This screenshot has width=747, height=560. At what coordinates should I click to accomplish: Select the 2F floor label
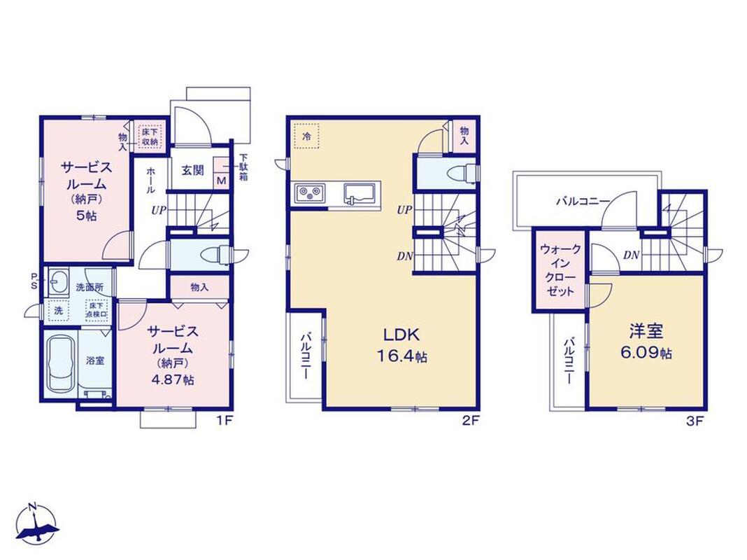point(470,421)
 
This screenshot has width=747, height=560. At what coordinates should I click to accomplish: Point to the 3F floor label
point(695,421)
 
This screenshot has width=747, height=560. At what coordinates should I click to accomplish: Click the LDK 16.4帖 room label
point(401,345)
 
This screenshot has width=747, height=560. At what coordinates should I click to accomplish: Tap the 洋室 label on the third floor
point(646,331)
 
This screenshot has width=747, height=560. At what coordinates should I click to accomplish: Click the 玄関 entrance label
point(192,170)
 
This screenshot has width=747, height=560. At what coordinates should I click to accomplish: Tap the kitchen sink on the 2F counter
point(360,192)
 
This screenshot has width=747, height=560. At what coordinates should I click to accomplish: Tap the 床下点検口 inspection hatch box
point(97,310)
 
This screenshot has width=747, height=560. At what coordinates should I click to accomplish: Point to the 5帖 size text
point(86,215)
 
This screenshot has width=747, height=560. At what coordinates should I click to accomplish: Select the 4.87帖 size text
point(173,380)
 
